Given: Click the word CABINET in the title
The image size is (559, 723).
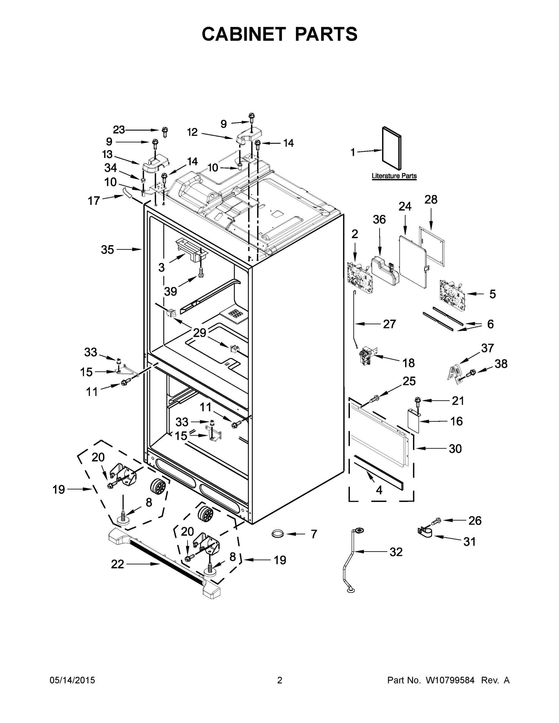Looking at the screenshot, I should pyautogui.click(x=243, y=34).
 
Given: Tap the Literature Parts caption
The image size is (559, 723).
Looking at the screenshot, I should pyautogui.click(x=394, y=176).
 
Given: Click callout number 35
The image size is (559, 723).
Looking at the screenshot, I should pyautogui.click(x=107, y=250).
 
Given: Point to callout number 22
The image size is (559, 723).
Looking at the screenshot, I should pyautogui.click(x=117, y=564).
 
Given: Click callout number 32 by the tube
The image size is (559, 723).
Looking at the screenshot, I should pyautogui.click(x=396, y=552).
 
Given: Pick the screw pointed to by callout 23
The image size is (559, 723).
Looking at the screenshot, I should pyautogui.click(x=165, y=132).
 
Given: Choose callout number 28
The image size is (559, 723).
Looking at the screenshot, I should pyautogui.click(x=431, y=200).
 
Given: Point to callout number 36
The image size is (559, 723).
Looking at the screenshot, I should pyautogui.click(x=379, y=220).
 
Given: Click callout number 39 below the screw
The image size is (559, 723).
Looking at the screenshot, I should pyautogui.click(x=171, y=291).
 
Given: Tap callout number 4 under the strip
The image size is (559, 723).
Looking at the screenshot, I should pyautogui.click(x=379, y=490).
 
